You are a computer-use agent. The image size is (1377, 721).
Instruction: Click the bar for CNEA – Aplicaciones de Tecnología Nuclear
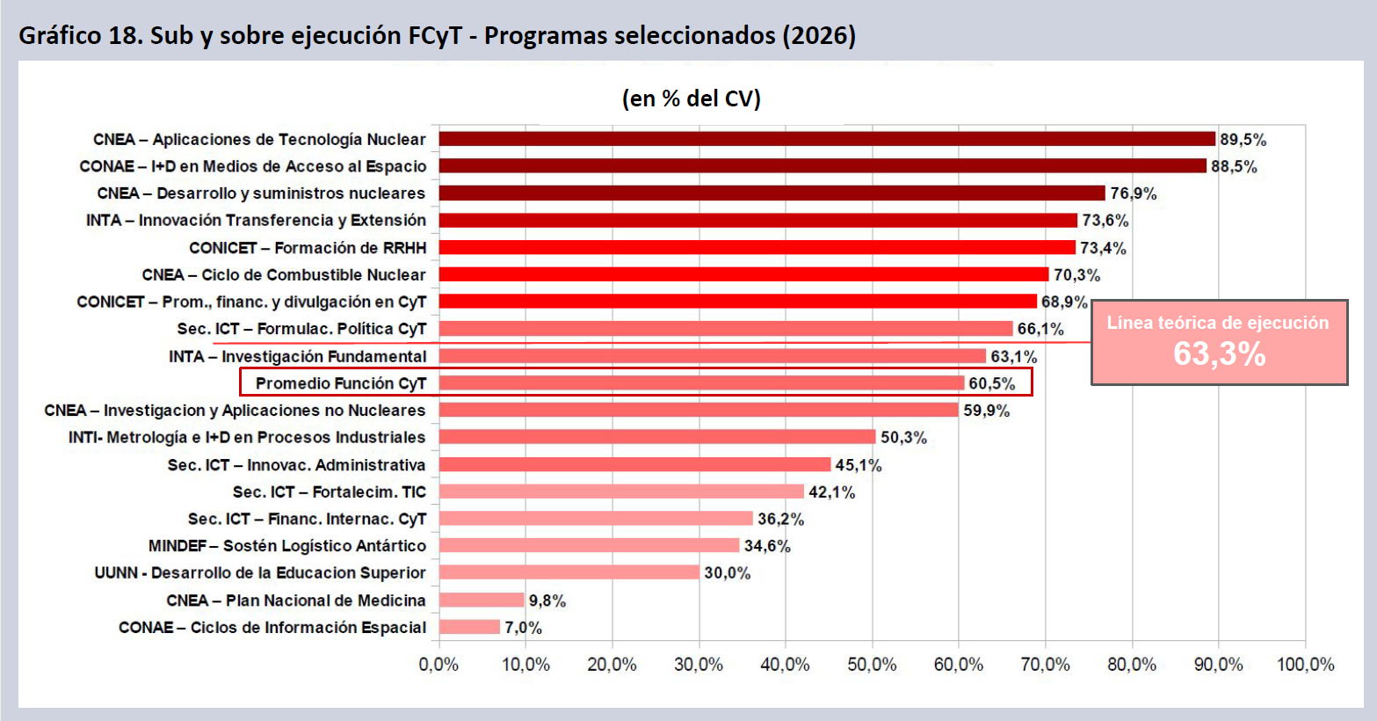[x=828, y=139]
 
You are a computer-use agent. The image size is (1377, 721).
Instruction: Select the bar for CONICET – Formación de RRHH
[x=757, y=247]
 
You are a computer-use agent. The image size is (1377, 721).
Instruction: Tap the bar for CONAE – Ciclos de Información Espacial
[x=469, y=627]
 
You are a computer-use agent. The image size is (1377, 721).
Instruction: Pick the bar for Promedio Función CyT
[x=701, y=383]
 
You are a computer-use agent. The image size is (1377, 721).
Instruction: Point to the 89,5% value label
[x=1243, y=140]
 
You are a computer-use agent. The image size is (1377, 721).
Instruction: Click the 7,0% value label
[x=523, y=628]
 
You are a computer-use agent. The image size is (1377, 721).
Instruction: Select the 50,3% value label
[x=903, y=437]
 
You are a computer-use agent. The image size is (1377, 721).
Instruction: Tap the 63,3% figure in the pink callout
[x=1220, y=353]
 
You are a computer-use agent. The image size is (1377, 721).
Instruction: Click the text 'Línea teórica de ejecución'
[x=1218, y=323]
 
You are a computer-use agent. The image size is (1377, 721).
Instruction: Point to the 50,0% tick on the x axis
[x=872, y=665]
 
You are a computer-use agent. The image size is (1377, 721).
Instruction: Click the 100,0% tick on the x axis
[x=1306, y=665]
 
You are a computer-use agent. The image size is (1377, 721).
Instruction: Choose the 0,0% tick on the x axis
[x=438, y=665]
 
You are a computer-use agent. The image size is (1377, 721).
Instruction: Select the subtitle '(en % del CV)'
[x=692, y=98]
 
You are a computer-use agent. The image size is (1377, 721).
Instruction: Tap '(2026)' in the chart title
[x=819, y=36]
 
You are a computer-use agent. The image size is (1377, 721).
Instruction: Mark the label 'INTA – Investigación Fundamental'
[x=298, y=356]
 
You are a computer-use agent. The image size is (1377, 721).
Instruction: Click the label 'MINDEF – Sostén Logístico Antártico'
[x=287, y=546]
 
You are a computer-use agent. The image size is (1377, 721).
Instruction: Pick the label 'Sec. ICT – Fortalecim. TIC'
[x=329, y=492]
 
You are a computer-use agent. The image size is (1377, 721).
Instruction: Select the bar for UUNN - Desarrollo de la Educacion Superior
[x=569, y=572]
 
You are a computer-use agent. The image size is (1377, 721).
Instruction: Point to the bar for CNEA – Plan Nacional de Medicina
[x=482, y=600]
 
